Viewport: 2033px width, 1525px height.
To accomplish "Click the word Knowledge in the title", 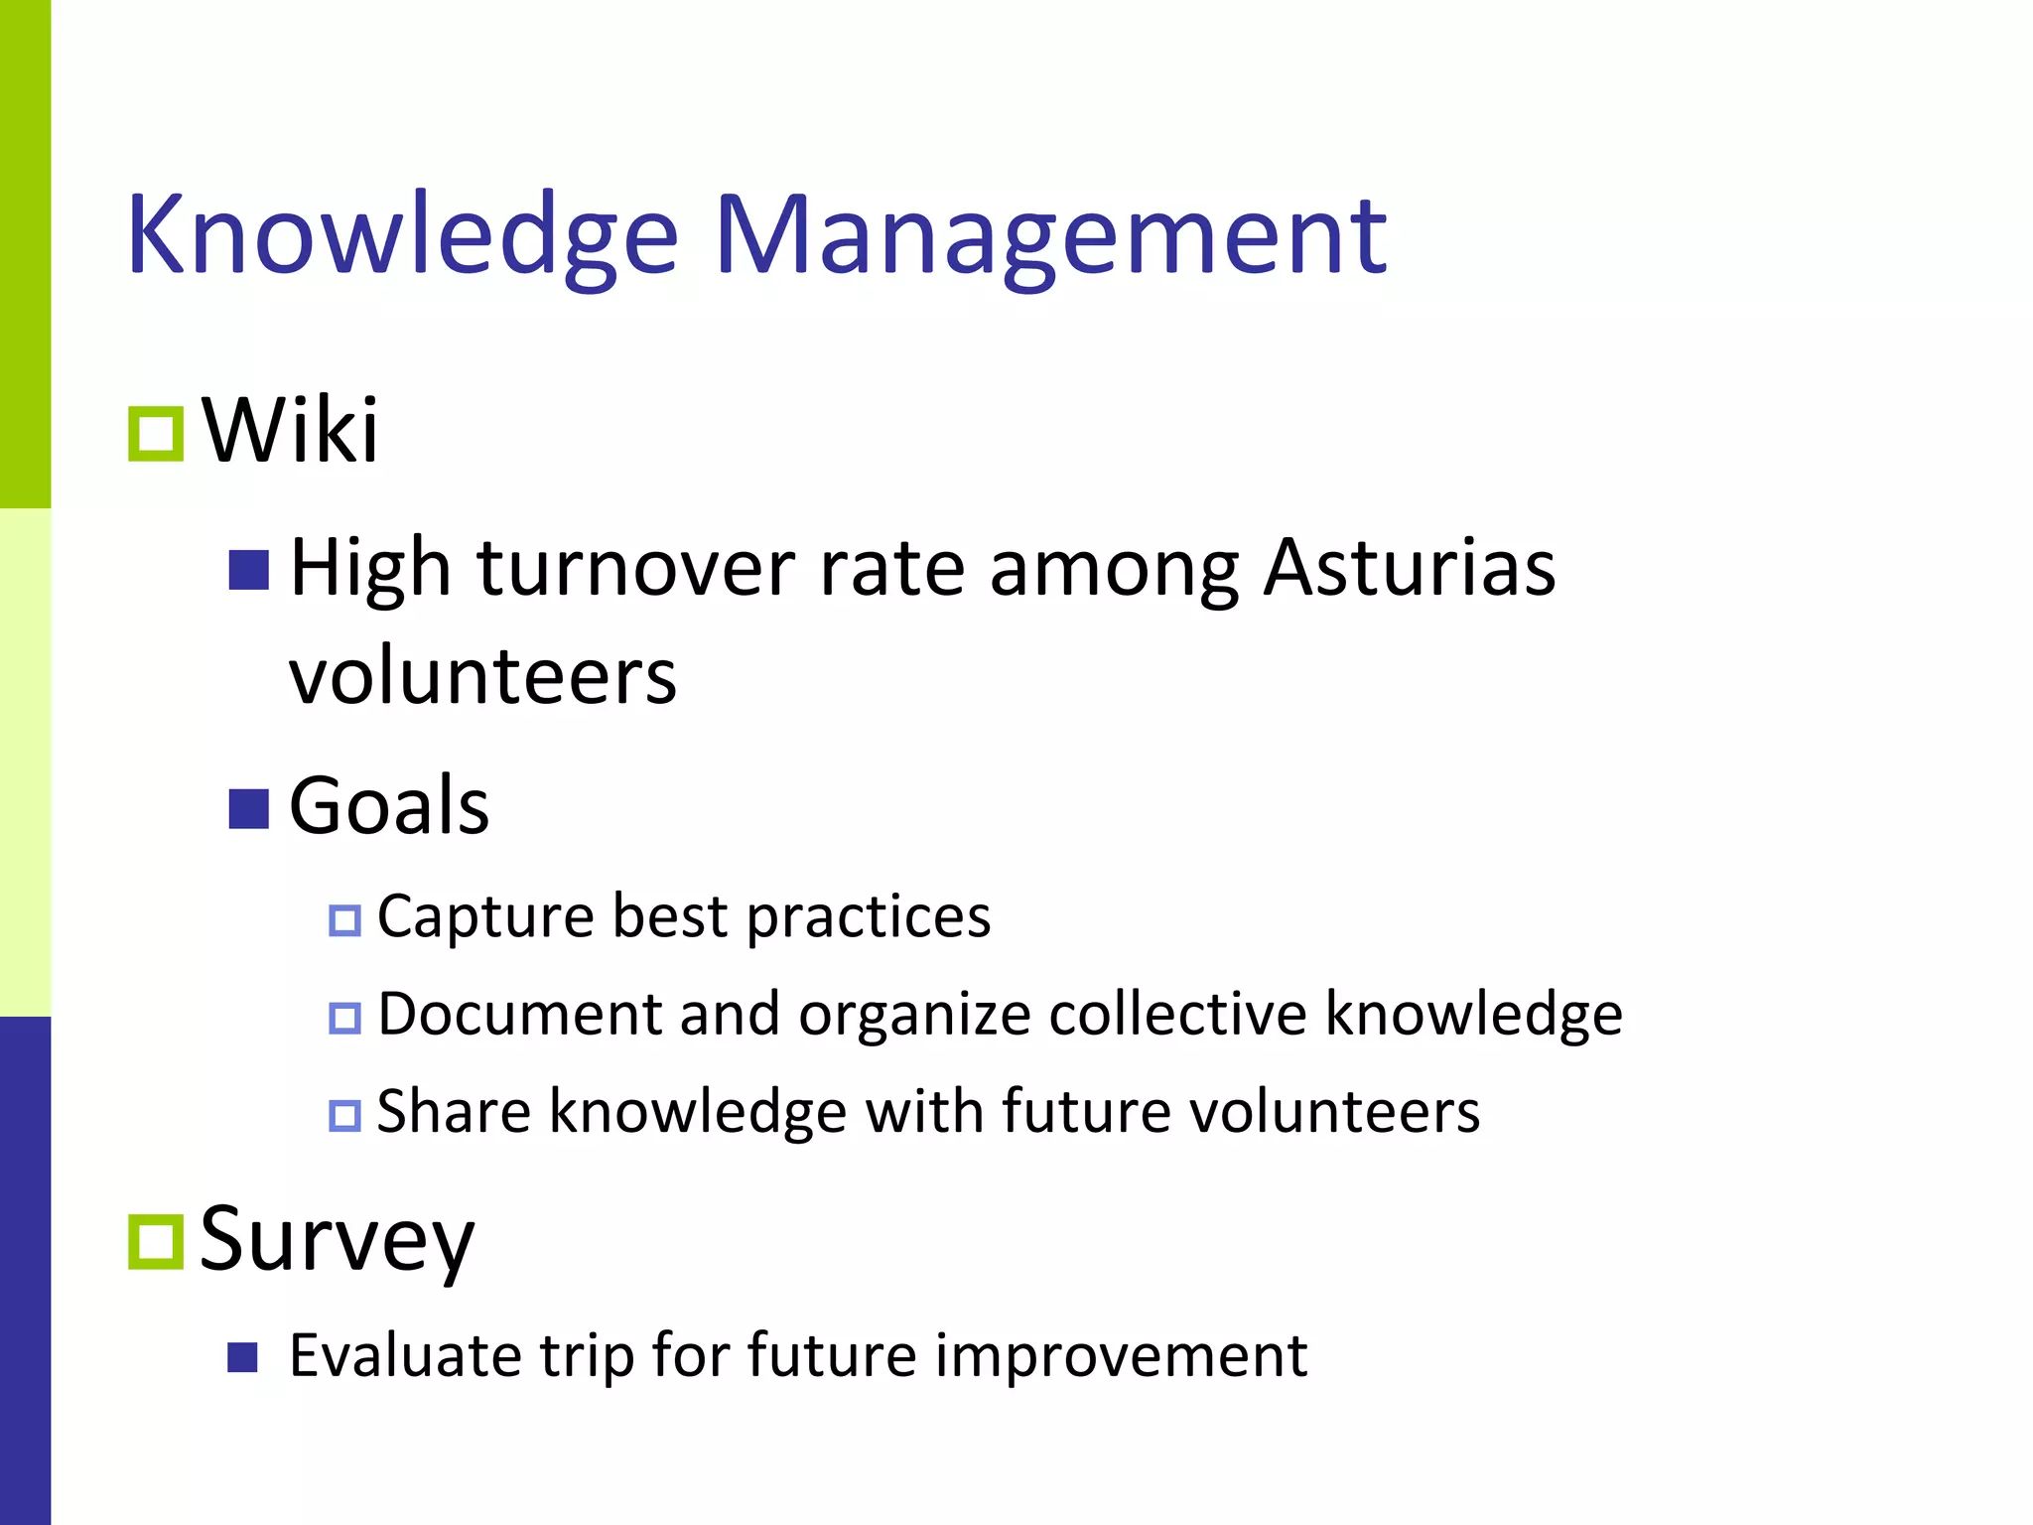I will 402,236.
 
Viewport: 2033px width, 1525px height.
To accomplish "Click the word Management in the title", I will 1049,236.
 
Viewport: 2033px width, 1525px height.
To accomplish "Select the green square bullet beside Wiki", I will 156,435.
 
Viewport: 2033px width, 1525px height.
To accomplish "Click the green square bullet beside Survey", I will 156,1242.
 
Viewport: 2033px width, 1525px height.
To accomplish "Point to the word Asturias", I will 1409,568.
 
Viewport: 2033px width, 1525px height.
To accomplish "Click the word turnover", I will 635,568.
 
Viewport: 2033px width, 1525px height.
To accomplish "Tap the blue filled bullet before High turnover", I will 248,570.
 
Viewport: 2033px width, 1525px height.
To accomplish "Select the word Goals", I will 389,805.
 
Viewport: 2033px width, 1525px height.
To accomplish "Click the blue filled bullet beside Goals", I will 248,808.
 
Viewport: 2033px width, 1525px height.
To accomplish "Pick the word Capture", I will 485,916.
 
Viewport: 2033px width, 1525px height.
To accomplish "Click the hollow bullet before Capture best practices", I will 344,920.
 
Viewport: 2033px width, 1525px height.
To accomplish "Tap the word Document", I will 520,1014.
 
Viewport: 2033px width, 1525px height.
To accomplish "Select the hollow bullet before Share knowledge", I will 344,1115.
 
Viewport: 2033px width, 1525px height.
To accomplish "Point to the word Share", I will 454,1111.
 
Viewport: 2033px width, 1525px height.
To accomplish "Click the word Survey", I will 338,1240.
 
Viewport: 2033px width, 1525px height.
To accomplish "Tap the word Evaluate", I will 404,1355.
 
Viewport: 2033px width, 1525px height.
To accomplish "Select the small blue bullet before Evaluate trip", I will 242,1357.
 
